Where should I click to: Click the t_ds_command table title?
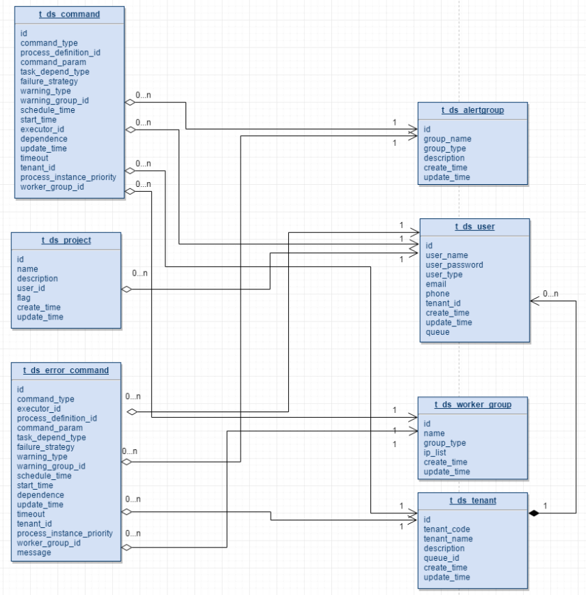click(x=70, y=15)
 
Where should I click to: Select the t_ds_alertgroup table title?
click(x=472, y=110)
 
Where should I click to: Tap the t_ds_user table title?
click(x=474, y=227)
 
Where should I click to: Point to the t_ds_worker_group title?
click(x=472, y=405)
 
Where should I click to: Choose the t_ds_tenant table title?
click(x=472, y=501)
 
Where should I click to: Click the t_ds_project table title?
click(x=66, y=241)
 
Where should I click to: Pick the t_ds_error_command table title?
click(x=66, y=370)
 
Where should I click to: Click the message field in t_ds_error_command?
click(x=33, y=552)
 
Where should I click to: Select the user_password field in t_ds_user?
click(x=454, y=265)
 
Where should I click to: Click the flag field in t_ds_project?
click(x=24, y=298)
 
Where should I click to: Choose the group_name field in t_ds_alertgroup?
click(x=447, y=139)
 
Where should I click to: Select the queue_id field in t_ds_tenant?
click(x=442, y=558)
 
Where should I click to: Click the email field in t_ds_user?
click(x=437, y=284)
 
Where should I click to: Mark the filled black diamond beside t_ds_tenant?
click(x=534, y=513)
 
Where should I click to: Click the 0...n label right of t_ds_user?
click(x=550, y=294)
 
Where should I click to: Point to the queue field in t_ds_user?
click(x=437, y=332)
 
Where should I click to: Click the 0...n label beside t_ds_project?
click(x=140, y=273)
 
